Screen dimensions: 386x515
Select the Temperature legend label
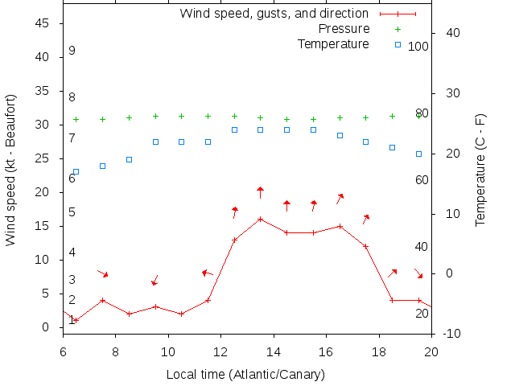point(333,43)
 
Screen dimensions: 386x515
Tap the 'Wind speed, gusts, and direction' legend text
point(274,14)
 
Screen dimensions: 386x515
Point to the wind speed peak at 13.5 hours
point(260,219)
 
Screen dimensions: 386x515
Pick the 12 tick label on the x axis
point(220,351)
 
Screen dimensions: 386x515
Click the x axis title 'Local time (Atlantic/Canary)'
point(245,374)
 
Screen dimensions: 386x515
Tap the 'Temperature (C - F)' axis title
point(480,170)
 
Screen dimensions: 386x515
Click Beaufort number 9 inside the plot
point(72,51)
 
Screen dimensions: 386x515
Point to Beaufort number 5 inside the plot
point(72,212)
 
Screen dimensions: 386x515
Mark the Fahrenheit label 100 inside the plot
point(418,47)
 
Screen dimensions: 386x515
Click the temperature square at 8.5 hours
point(129,159)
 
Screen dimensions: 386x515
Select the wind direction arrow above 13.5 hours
point(260,191)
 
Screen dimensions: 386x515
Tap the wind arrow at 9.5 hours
point(154,280)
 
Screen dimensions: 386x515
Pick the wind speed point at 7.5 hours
point(102,300)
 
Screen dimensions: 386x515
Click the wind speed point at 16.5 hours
point(340,226)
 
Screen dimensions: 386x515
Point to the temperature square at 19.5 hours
point(418,154)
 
